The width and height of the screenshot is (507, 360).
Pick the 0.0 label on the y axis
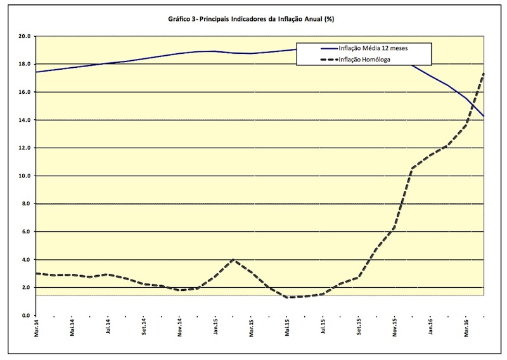25,315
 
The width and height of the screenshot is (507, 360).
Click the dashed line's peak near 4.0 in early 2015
234,259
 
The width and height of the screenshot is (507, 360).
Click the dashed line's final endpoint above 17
484,74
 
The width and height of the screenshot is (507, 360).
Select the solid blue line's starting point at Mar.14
37,72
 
